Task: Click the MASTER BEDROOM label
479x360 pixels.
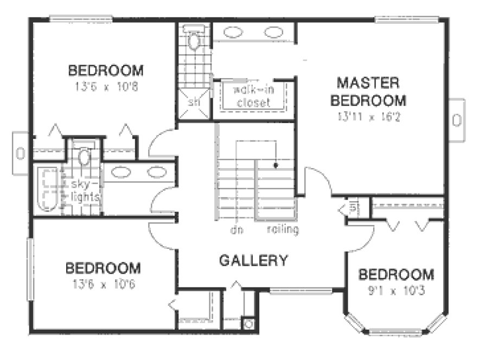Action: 371,92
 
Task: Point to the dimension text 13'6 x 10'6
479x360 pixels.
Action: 103,284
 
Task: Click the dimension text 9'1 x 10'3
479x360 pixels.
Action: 395,290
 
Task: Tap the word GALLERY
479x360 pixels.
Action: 253,260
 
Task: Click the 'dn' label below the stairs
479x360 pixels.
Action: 235,230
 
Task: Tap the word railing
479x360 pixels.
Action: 283,230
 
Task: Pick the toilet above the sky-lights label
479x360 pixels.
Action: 84,157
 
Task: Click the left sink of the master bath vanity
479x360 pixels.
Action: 233,31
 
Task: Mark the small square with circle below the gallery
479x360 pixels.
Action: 248,324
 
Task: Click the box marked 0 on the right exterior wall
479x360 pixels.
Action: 456,120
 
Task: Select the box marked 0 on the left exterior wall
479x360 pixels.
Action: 20,153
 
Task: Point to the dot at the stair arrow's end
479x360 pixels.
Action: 276,165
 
